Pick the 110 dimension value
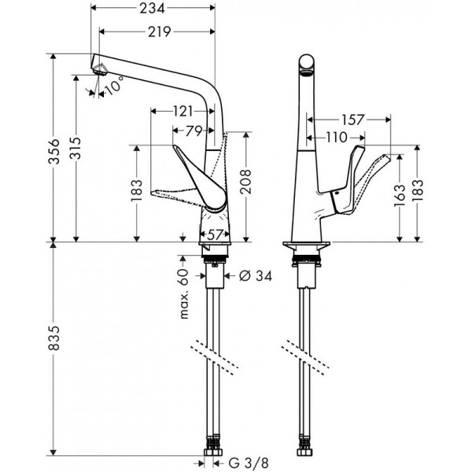coord(336,138)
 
